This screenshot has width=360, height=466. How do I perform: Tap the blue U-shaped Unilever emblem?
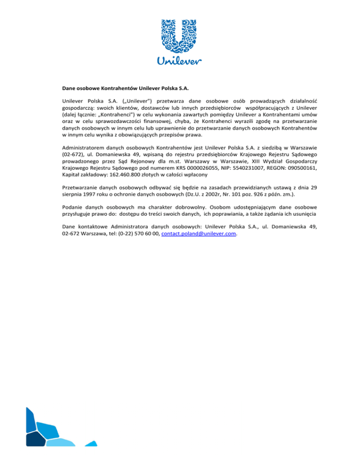pyautogui.click(x=180, y=36)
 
